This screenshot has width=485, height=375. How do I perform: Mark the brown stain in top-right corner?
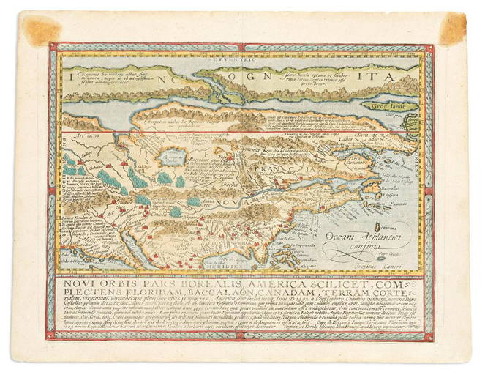click(x=451, y=28)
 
